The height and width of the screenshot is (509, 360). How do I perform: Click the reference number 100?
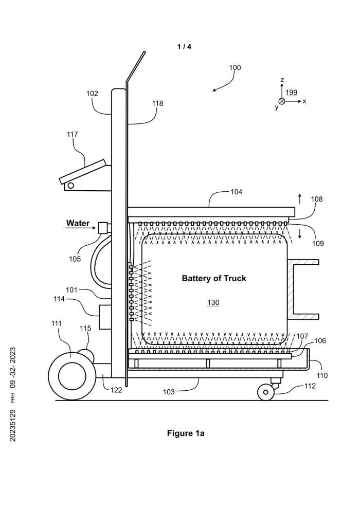tap(235, 67)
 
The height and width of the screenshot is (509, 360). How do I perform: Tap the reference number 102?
tap(92, 94)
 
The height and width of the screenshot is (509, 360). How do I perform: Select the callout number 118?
tap(157, 103)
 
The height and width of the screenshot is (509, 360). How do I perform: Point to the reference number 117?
tap(72, 134)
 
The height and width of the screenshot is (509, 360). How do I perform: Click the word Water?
tap(77, 224)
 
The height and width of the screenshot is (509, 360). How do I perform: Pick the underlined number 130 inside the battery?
tap(213, 303)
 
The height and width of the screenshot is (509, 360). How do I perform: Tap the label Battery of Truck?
tap(214, 279)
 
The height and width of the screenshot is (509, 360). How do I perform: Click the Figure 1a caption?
tap(186, 433)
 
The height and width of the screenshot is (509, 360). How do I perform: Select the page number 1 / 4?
tap(184, 47)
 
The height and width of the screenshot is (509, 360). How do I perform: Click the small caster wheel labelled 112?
tap(266, 393)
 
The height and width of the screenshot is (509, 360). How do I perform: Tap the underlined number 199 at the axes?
tap(291, 93)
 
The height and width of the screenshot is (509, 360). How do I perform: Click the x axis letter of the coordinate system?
tap(304, 101)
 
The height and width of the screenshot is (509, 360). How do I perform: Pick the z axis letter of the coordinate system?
tap(282, 80)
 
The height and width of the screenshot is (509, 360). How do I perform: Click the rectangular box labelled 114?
tap(105, 317)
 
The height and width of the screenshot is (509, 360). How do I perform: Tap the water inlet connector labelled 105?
tap(104, 227)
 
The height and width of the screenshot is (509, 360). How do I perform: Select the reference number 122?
tap(117, 391)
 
